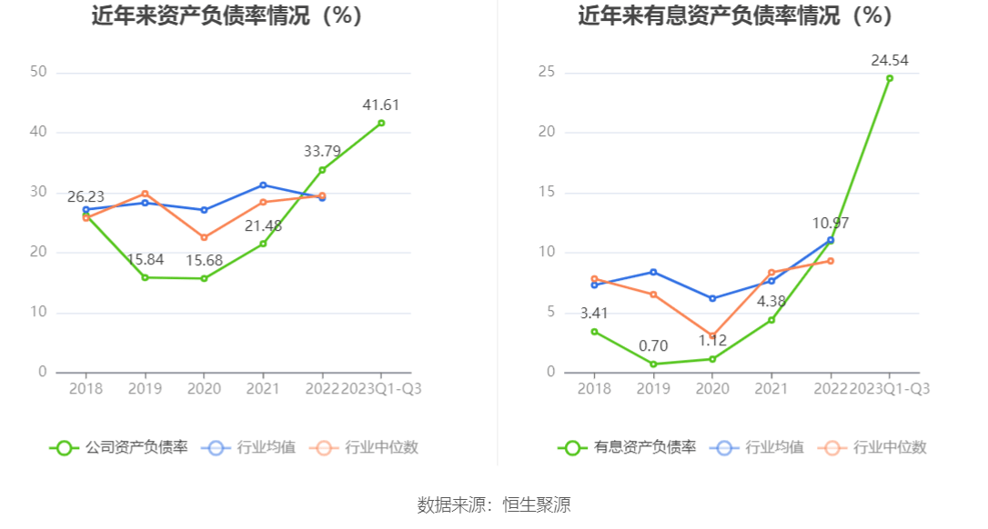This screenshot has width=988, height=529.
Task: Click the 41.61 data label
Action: (x=380, y=105)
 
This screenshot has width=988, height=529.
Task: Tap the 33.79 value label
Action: (x=322, y=152)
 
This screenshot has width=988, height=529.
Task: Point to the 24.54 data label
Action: (x=889, y=61)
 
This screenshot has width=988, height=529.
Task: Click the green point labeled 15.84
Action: (x=145, y=277)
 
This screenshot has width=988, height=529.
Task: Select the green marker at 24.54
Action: (x=889, y=78)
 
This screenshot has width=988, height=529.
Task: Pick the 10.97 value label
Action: (x=830, y=223)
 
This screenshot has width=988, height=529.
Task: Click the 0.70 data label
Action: (x=653, y=345)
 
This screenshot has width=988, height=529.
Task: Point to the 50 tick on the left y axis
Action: (x=38, y=72)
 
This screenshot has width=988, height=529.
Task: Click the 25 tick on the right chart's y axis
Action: (x=546, y=72)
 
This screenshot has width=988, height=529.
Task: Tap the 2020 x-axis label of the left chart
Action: (x=204, y=388)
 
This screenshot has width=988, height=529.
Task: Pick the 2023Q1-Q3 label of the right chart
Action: (x=889, y=388)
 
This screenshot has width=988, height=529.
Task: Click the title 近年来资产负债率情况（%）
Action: (x=227, y=15)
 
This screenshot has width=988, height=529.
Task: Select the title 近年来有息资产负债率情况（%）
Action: (x=735, y=15)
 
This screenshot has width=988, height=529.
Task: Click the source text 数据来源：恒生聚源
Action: (x=494, y=505)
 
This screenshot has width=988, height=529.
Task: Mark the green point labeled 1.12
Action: (x=712, y=359)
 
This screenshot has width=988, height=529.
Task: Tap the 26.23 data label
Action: (x=86, y=197)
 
